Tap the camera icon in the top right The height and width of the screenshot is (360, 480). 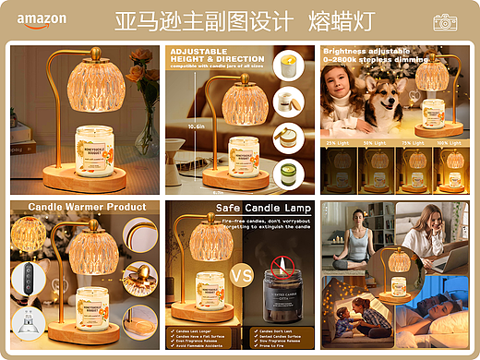point(446,21)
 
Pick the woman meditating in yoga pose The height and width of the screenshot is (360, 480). point(359,240)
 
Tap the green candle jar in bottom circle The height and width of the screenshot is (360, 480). point(288,172)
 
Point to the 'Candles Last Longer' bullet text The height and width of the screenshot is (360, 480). point(196,330)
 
